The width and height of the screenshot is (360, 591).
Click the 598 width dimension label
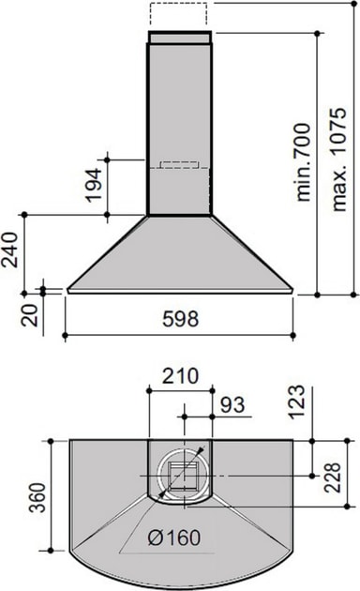coord(180,319)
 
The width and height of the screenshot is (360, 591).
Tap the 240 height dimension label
coord(9,250)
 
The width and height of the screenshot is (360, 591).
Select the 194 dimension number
coord(93,185)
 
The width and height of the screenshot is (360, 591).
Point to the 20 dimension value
coord(29,314)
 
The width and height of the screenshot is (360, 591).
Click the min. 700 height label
coord(304,161)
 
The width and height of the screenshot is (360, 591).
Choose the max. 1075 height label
coord(338,159)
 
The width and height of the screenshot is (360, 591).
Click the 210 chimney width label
coord(180,376)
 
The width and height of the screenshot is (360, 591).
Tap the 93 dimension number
coord(232,405)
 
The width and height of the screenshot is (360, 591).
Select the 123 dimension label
coord(296,402)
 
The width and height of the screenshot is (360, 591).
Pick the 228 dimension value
coord(332,477)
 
